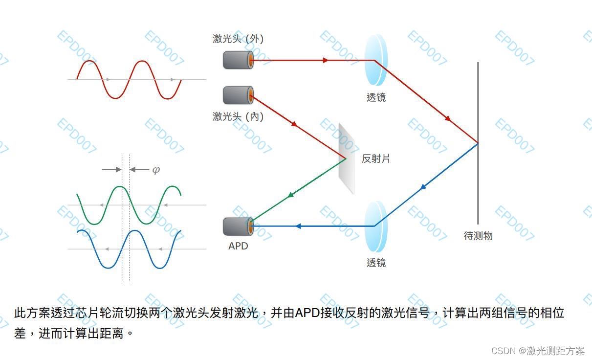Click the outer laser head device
pyautogui.click(x=238, y=60)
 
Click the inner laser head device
pyautogui.click(x=238, y=95)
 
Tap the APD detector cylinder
pyautogui.click(x=238, y=226)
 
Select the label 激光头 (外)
pyautogui.click(x=238, y=39)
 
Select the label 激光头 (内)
pyautogui.click(x=238, y=116)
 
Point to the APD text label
pyautogui.click(x=238, y=246)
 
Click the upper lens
pyautogui.click(x=376, y=60)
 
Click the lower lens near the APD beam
pyautogui.click(x=376, y=226)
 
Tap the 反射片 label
pyautogui.click(x=376, y=158)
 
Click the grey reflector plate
pyautogui.click(x=347, y=157)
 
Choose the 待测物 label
pyautogui.click(x=478, y=236)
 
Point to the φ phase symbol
pyautogui.click(x=156, y=170)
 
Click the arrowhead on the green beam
pyautogui.click(x=291, y=195)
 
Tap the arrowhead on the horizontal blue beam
pyautogui.click(x=298, y=226)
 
